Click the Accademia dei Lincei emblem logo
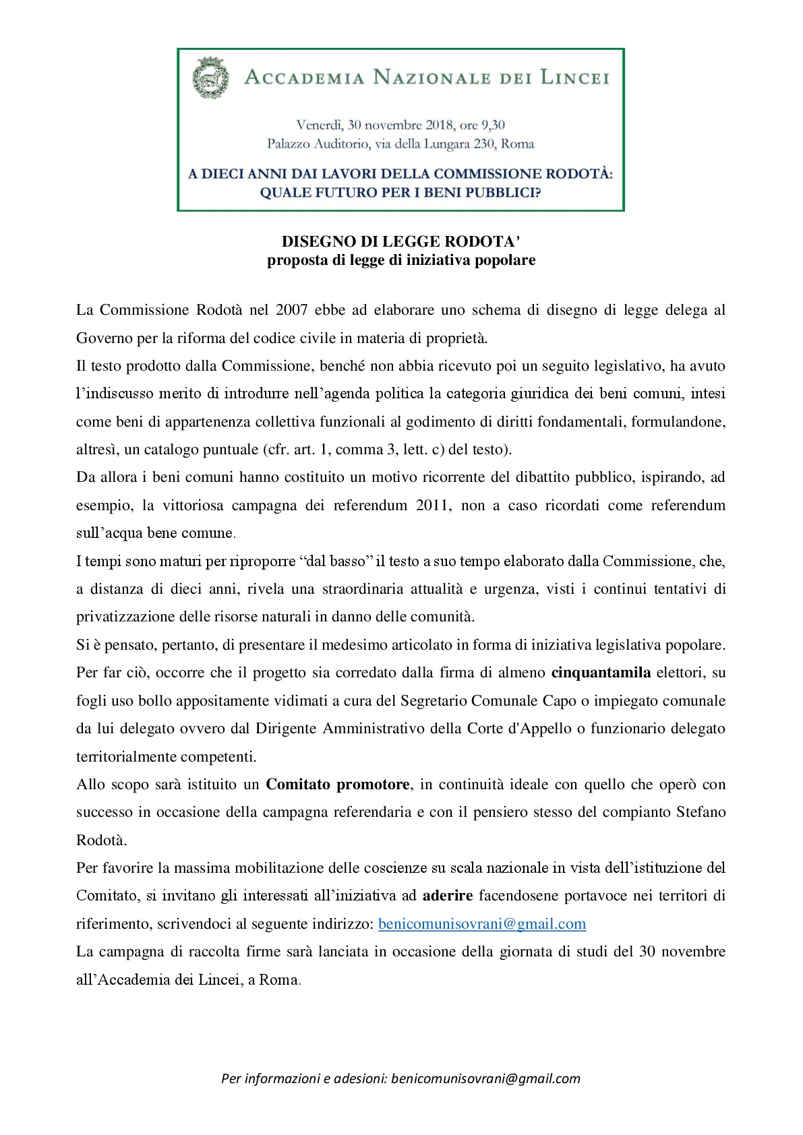tap(210, 78)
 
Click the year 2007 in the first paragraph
tap(293, 310)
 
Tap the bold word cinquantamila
tap(601, 673)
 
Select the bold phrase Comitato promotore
tap(337, 785)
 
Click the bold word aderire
tap(448, 896)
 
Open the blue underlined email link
tap(482, 924)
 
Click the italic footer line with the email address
tap(400, 1078)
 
